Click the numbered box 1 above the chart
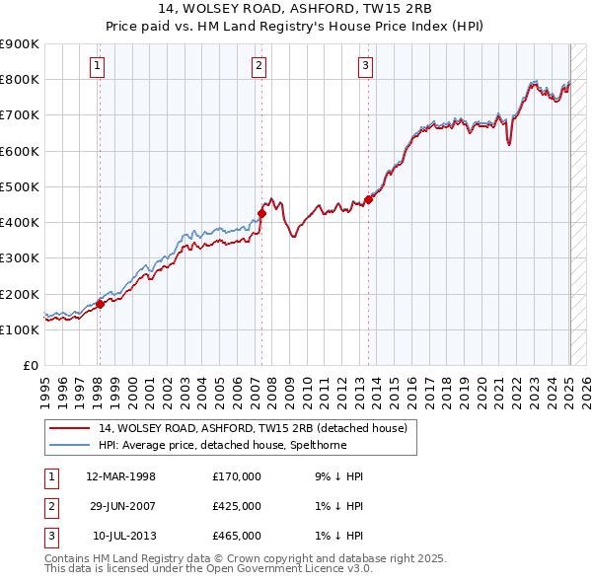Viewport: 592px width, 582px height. tap(99, 66)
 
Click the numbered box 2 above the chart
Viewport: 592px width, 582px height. tap(259, 66)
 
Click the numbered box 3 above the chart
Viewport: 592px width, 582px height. tap(365, 66)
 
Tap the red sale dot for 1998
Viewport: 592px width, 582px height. tap(100, 304)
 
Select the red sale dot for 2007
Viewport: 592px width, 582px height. tap(262, 213)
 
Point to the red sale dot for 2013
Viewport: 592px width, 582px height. tap(368, 199)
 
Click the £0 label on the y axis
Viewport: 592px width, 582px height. tap(30, 365)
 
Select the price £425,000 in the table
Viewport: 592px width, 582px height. tap(237, 506)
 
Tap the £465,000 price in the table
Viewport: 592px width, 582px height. tap(237, 536)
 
